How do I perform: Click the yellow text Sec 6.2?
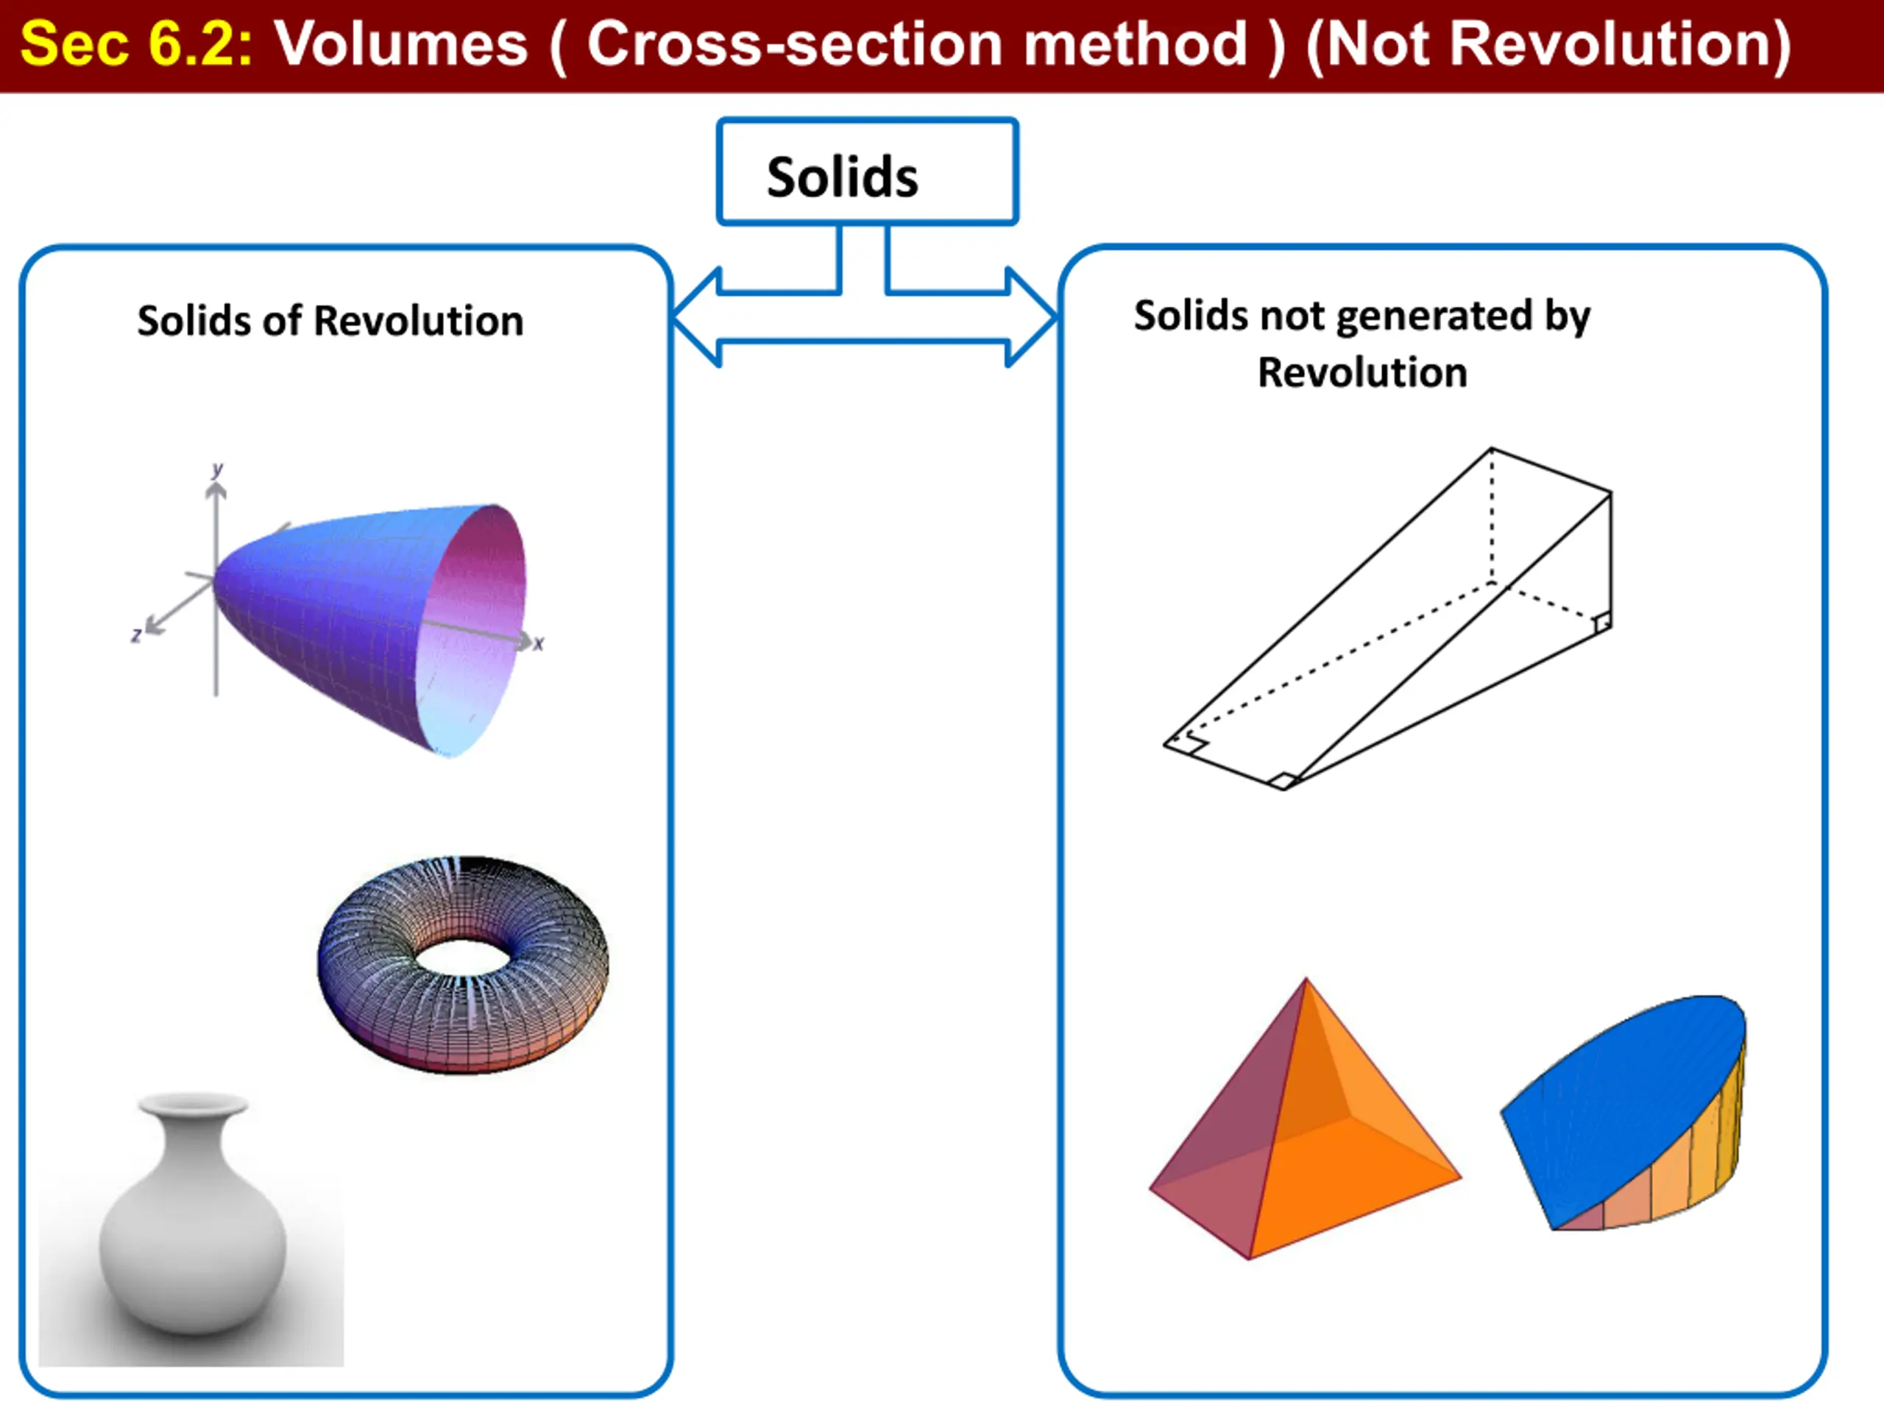pyautogui.click(x=137, y=43)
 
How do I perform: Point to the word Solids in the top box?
pyautogui.click(x=843, y=177)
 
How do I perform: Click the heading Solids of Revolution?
pyautogui.click(x=330, y=321)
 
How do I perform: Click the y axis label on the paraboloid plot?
pyautogui.click(x=218, y=470)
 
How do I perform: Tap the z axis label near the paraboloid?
pyautogui.click(x=136, y=634)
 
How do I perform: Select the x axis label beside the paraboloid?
pyautogui.click(x=538, y=644)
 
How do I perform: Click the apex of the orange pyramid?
pyautogui.click(x=1306, y=980)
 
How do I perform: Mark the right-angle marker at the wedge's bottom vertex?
pyautogui.click(x=1282, y=780)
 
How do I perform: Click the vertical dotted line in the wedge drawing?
pyautogui.click(x=1491, y=516)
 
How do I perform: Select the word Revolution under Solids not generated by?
pyautogui.click(x=1363, y=373)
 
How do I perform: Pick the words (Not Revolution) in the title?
pyautogui.click(x=1549, y=43)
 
